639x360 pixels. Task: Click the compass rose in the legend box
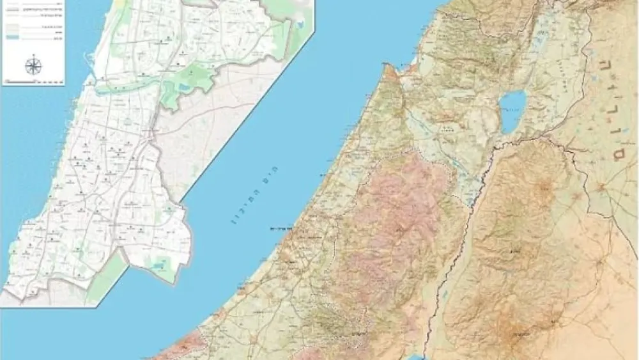(x=34, y=66)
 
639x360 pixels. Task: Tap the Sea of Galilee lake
(x=513, y=111)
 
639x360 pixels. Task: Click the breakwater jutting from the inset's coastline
(x=89, y=64)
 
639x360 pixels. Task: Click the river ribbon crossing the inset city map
(x=128, y=86)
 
